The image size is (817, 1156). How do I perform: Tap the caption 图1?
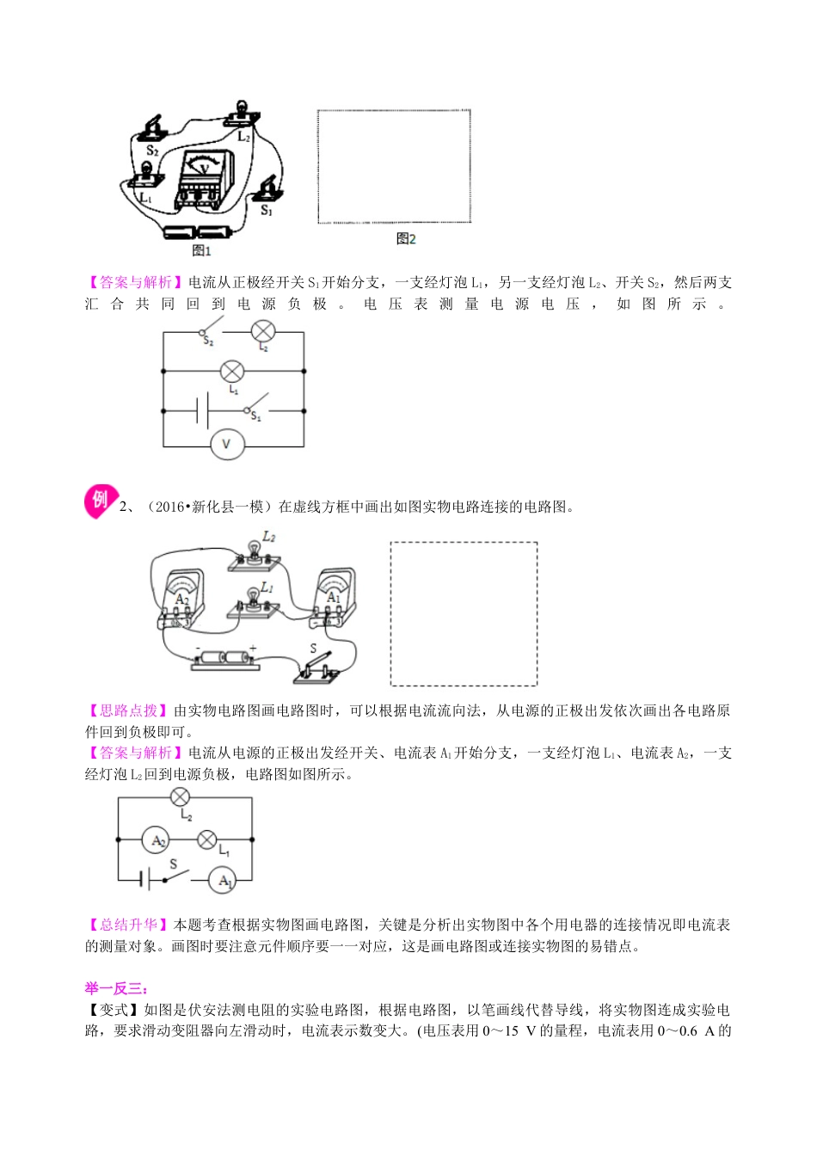[x=201, y=251]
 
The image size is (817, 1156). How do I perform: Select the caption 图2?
[x=406, y=239]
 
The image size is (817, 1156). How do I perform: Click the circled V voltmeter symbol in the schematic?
[x=227, y=445]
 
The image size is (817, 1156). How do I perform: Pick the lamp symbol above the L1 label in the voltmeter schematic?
[x=232, y=372]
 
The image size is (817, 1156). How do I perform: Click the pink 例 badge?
[x=101, y=501]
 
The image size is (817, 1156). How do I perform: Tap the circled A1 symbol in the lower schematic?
[x=224, y=880]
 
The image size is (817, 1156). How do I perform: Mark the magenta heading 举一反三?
[x=117, y=988]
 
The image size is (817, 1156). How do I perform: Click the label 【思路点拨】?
[x=128, y=710]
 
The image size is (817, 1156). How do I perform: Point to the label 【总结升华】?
[x=128, y=925]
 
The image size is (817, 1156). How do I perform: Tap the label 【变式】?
[x=114, y=1010]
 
